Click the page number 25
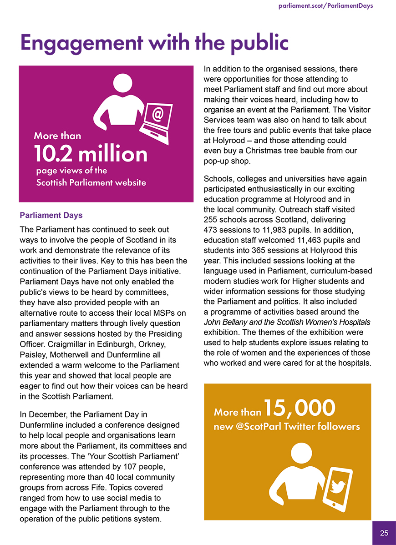tap(384, 533)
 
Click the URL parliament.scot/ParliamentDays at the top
tap(325, 6)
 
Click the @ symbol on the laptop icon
tap(157, 114)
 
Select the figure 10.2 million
tap(91, 154)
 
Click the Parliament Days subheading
tap(51, 215)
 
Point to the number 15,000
tap(300, 408)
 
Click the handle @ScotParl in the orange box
tap(257, 427)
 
